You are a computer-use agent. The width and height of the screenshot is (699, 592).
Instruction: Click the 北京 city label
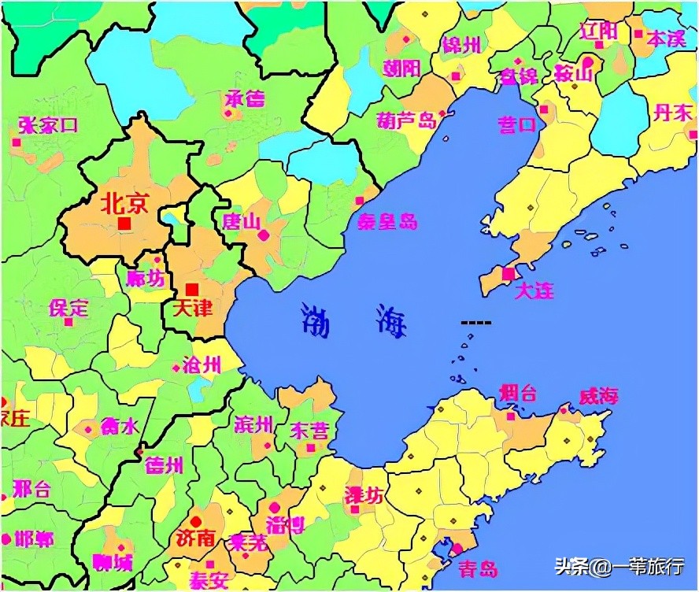point(124,204)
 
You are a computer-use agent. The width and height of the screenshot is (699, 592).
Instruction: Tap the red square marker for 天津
point(192,290)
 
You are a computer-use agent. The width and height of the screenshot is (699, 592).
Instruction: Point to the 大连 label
point(534,290)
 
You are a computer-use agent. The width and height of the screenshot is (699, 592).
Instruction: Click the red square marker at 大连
point(509,273)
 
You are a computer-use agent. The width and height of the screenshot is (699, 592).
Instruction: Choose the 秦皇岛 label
point(386,221)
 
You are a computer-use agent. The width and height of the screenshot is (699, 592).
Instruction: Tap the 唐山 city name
point(242,221)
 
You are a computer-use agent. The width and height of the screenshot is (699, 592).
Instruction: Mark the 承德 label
point(245,99)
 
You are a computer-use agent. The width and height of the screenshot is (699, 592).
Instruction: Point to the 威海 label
point(598,397)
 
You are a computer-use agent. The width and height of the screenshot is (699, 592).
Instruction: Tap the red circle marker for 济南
point(195,520)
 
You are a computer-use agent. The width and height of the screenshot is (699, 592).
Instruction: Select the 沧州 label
point(202,364)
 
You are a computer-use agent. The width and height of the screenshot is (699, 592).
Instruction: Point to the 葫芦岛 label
point(406,120)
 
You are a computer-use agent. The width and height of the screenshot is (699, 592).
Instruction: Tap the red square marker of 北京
point(124,224)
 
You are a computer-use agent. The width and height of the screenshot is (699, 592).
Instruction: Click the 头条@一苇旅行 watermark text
point(621,567)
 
